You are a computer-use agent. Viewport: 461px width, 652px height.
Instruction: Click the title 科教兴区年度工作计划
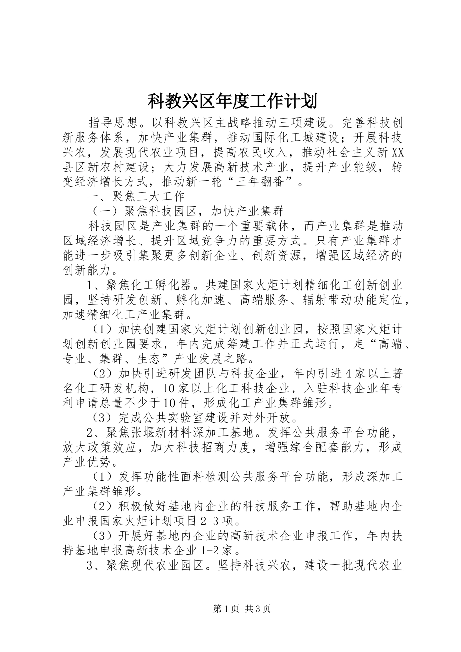point(231,101)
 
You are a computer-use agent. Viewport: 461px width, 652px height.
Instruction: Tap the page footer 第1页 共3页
point(241,609)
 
